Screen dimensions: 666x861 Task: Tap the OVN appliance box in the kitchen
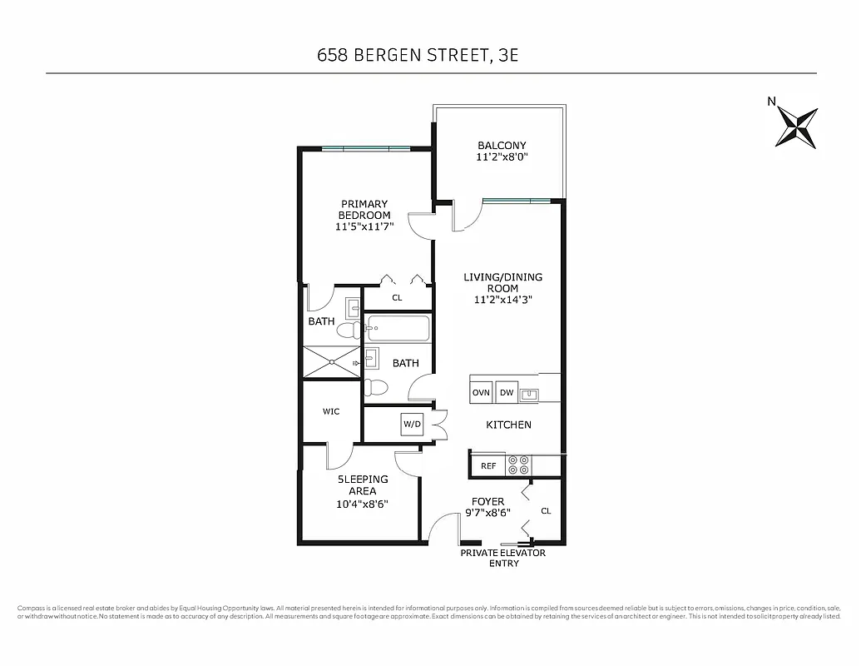481,392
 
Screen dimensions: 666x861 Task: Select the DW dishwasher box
507,392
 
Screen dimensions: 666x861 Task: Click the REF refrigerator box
488,466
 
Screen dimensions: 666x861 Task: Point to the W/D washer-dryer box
413,424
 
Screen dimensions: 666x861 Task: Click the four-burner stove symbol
519,465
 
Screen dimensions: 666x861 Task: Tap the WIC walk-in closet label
331,411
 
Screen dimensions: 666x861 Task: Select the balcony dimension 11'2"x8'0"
502,157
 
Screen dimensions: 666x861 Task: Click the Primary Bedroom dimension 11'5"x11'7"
364,226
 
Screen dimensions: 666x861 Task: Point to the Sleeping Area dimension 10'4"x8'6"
363,504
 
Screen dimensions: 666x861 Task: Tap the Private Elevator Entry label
503,558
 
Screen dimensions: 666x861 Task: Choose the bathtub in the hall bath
398,330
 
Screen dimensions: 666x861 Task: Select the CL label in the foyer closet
546,511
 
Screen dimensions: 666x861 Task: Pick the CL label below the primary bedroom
397,297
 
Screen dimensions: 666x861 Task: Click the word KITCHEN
509,425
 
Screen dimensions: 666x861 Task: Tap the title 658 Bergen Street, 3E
423,55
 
